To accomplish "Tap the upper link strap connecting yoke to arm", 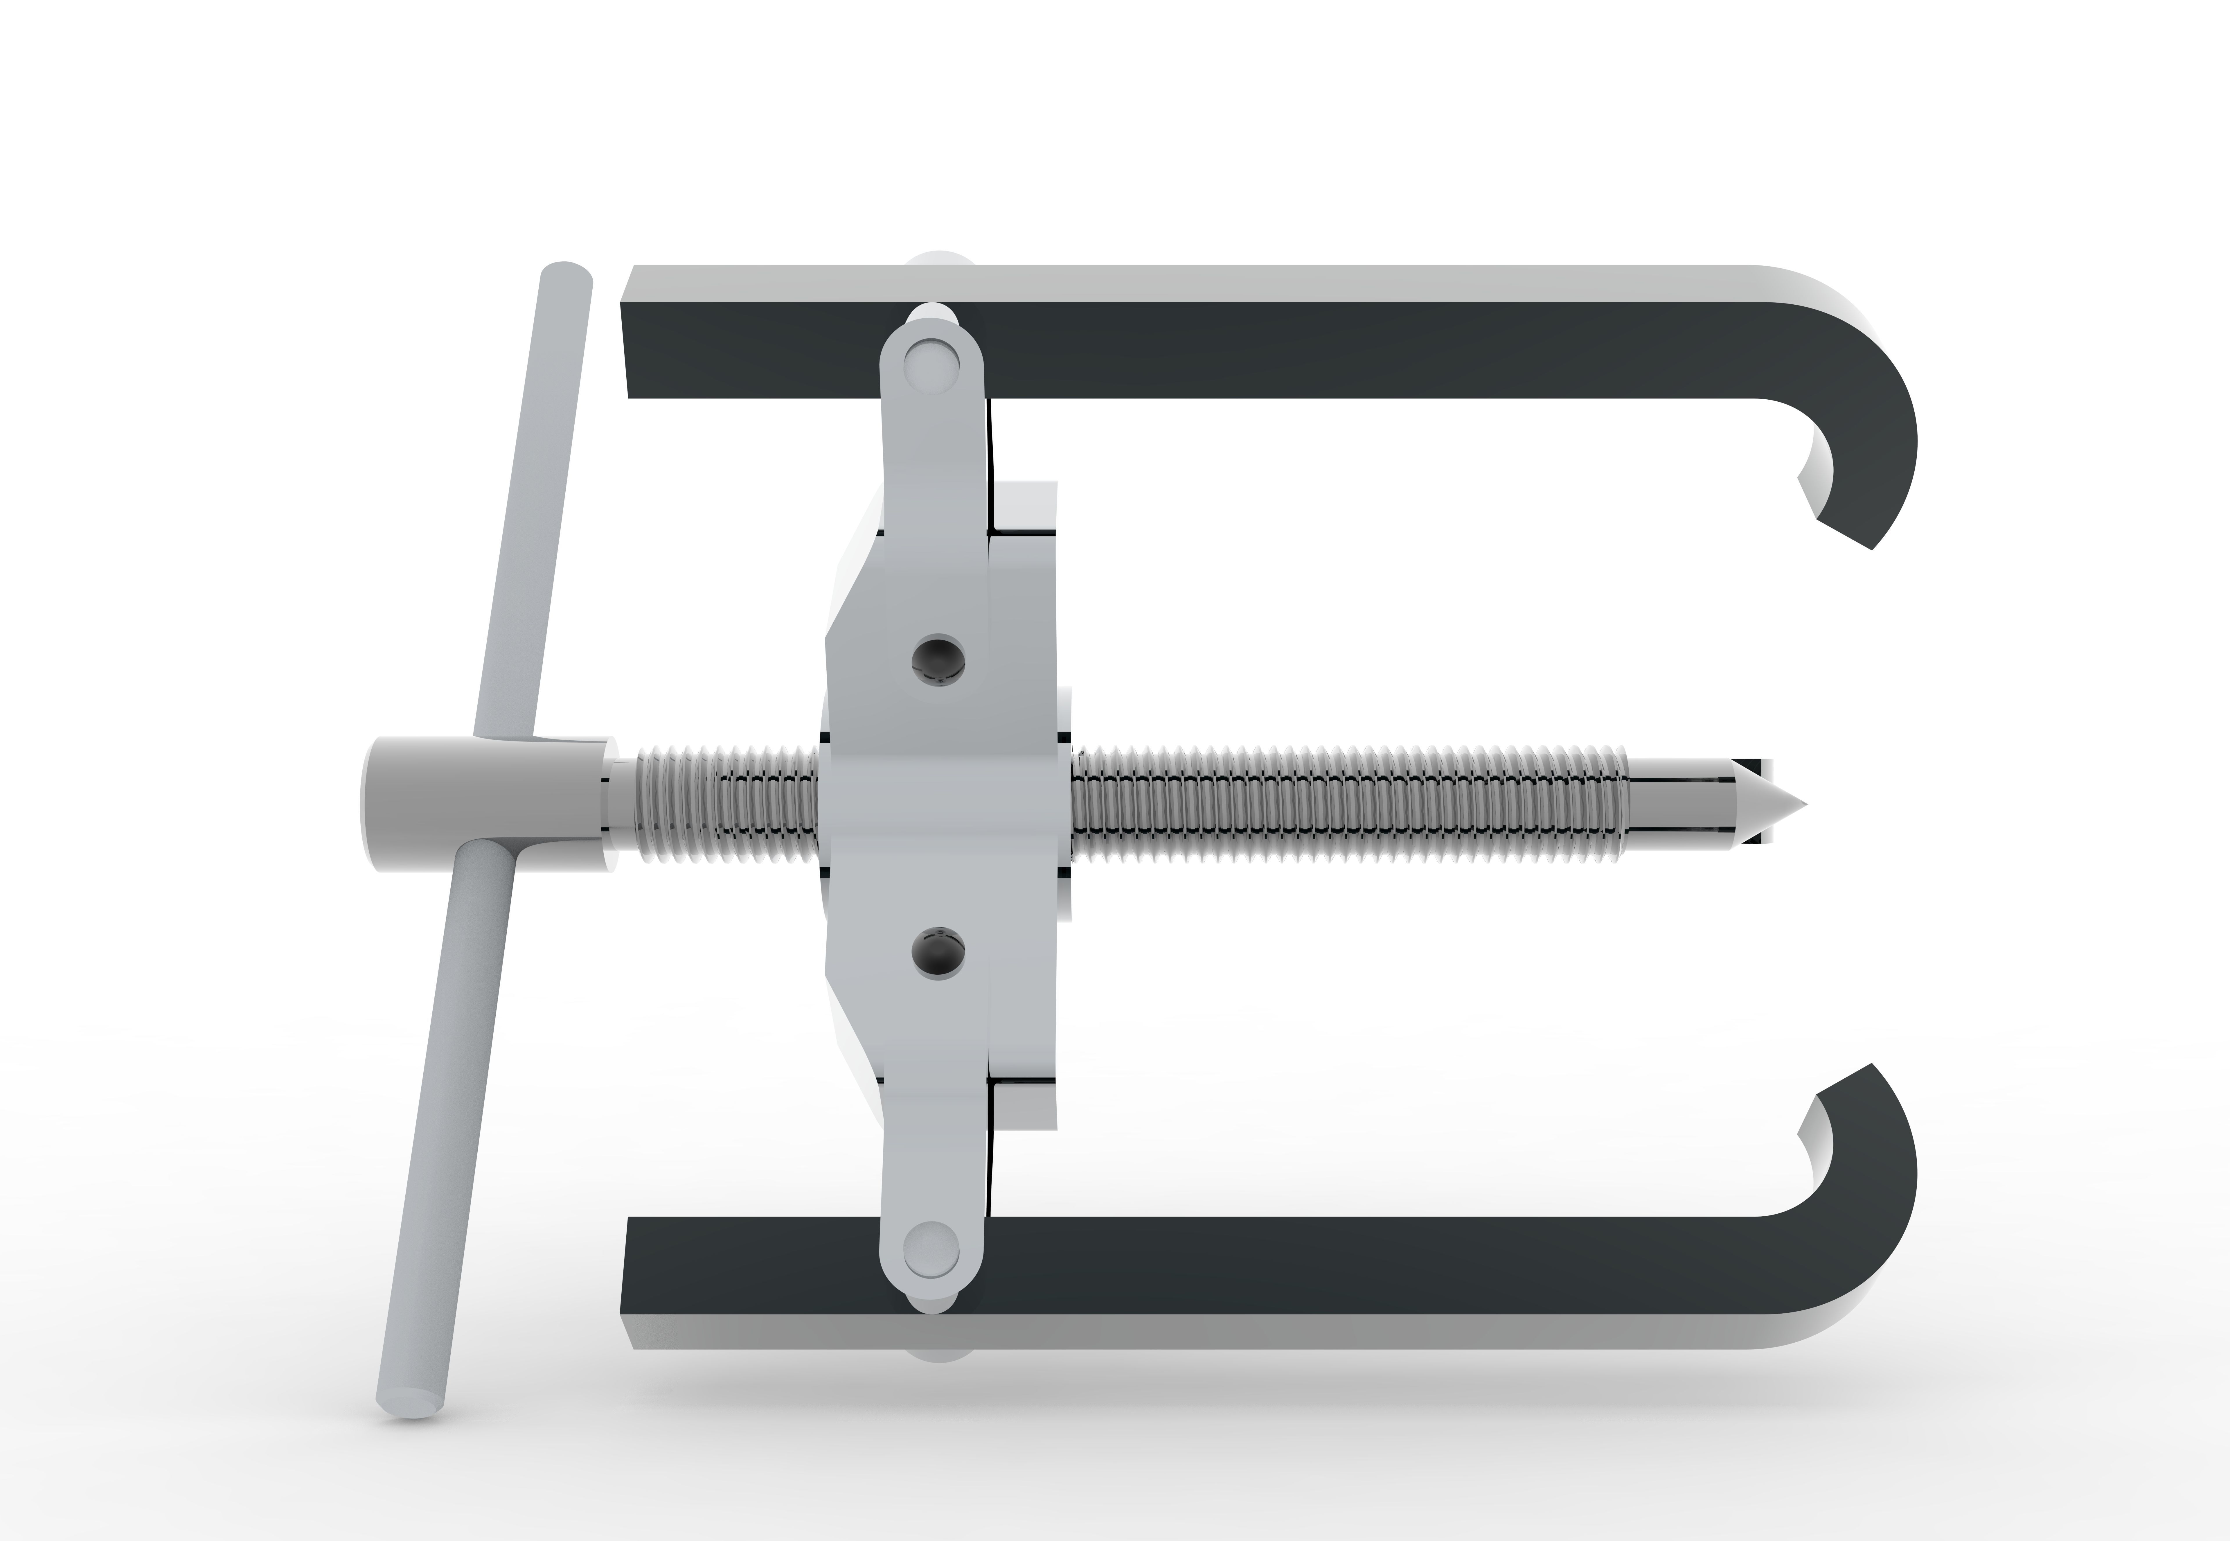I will point(934,454).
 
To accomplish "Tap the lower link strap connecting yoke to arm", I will point(934,1159).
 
